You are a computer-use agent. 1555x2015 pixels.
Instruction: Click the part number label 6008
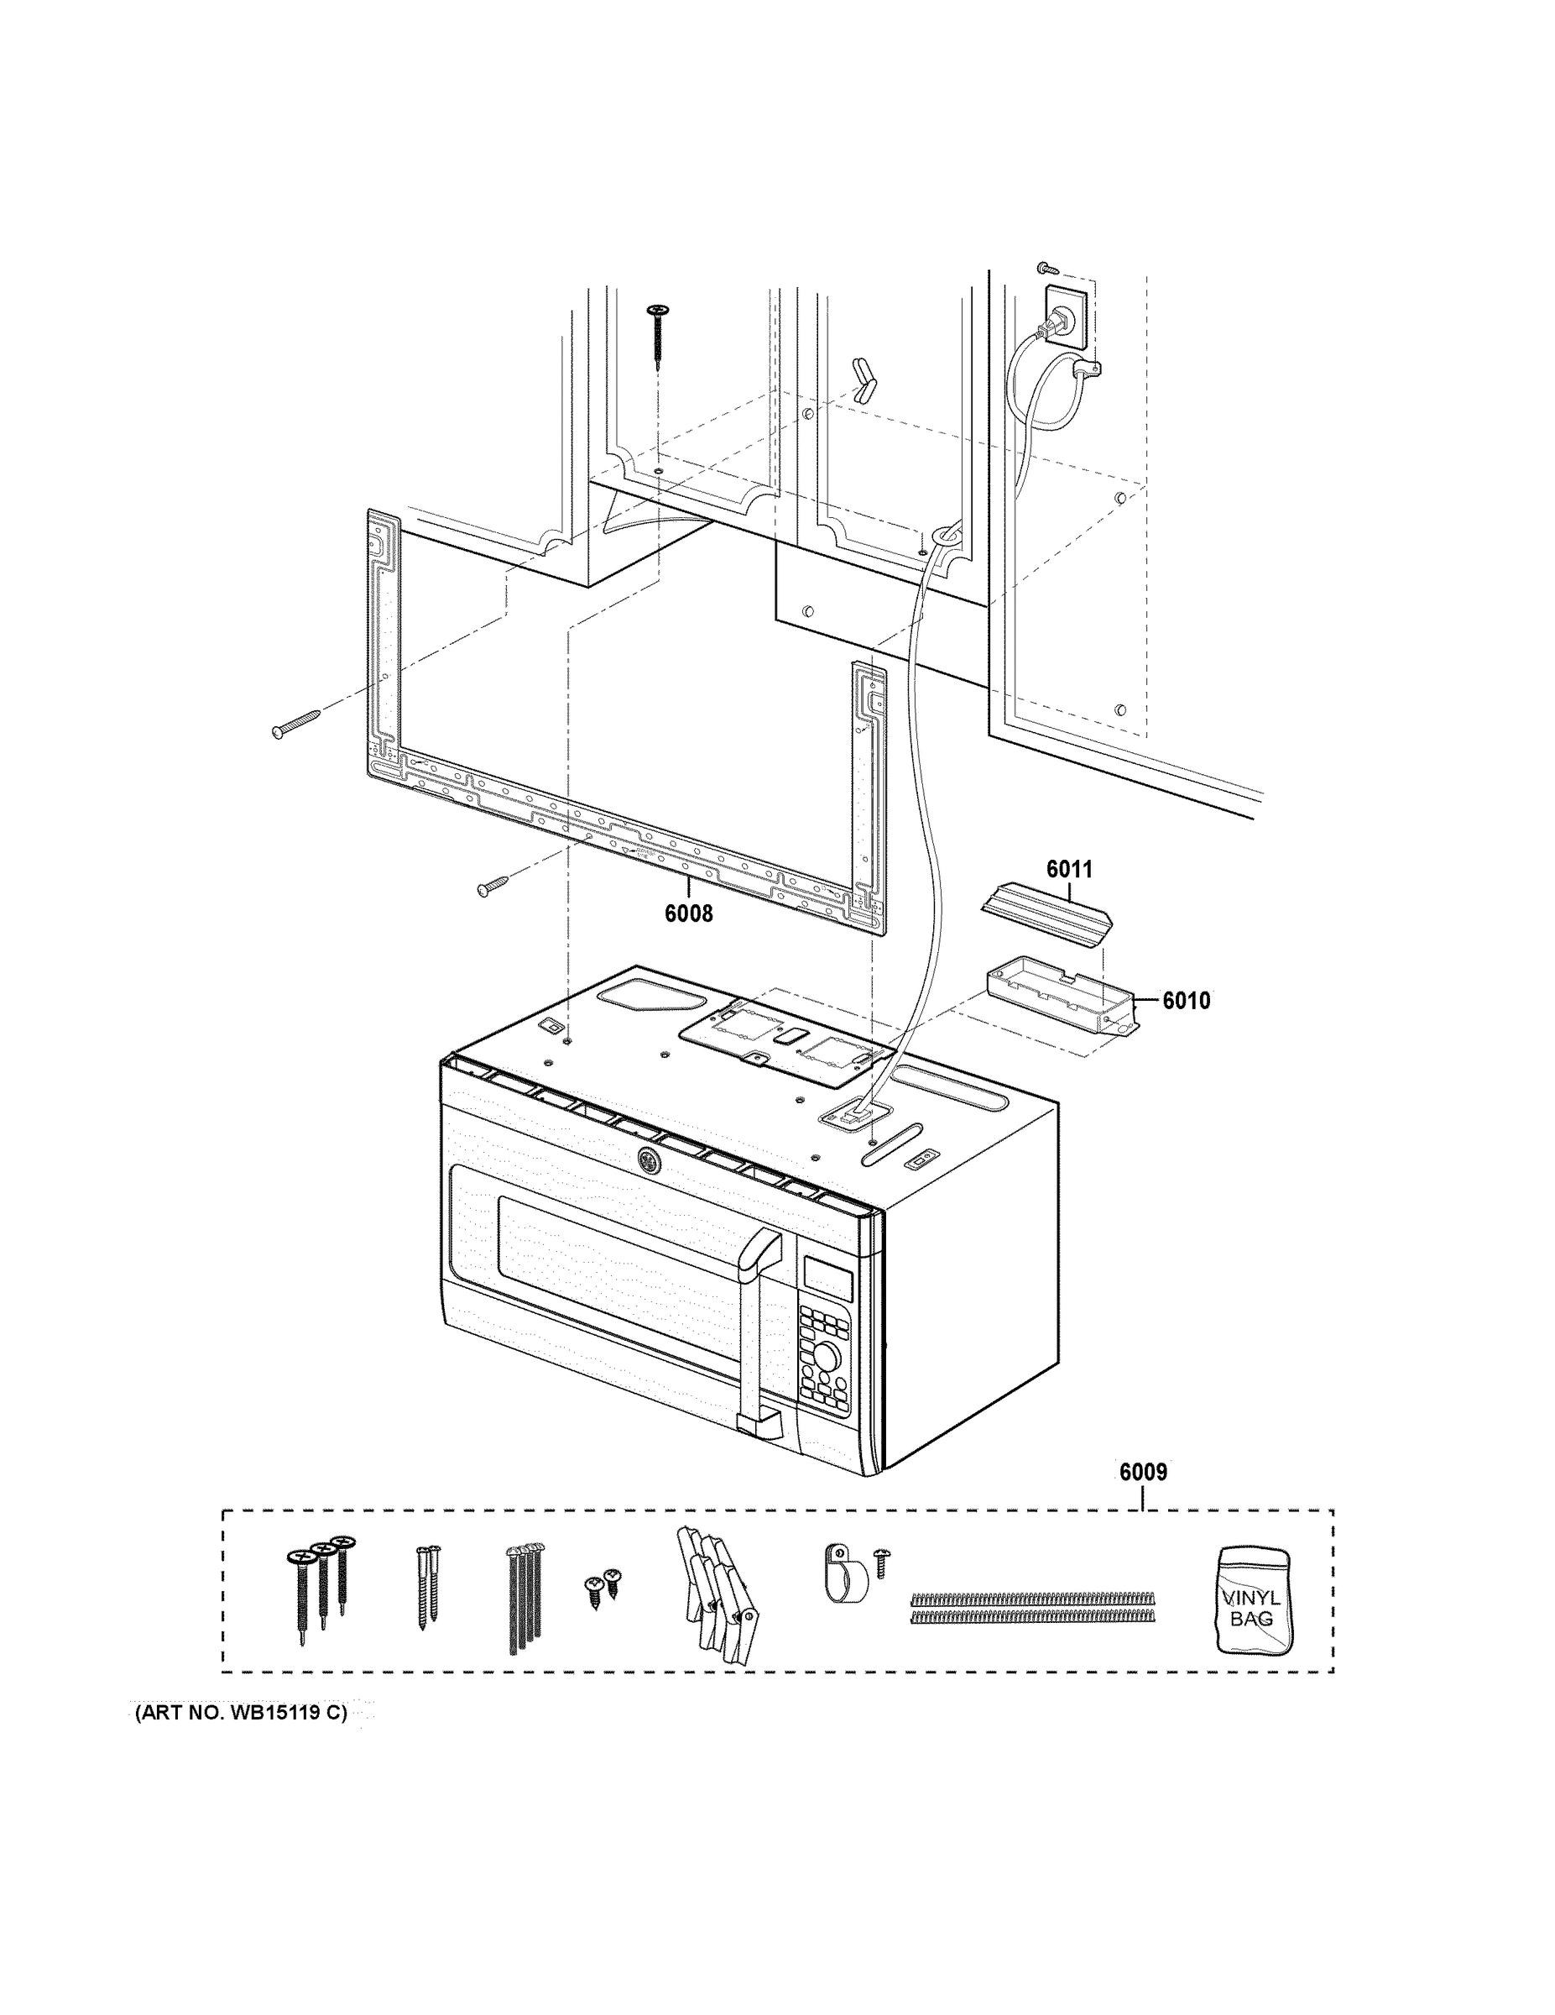click(688, 913)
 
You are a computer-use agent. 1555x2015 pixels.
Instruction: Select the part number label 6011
click(1068, 868)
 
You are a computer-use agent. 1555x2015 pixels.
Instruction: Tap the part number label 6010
click(1185, 1000)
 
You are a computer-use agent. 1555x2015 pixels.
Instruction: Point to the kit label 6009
click(1143, 1472)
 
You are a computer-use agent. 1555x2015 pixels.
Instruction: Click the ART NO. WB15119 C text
click(242, 1714)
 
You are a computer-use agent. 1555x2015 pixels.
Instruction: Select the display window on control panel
click(827, 1278)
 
